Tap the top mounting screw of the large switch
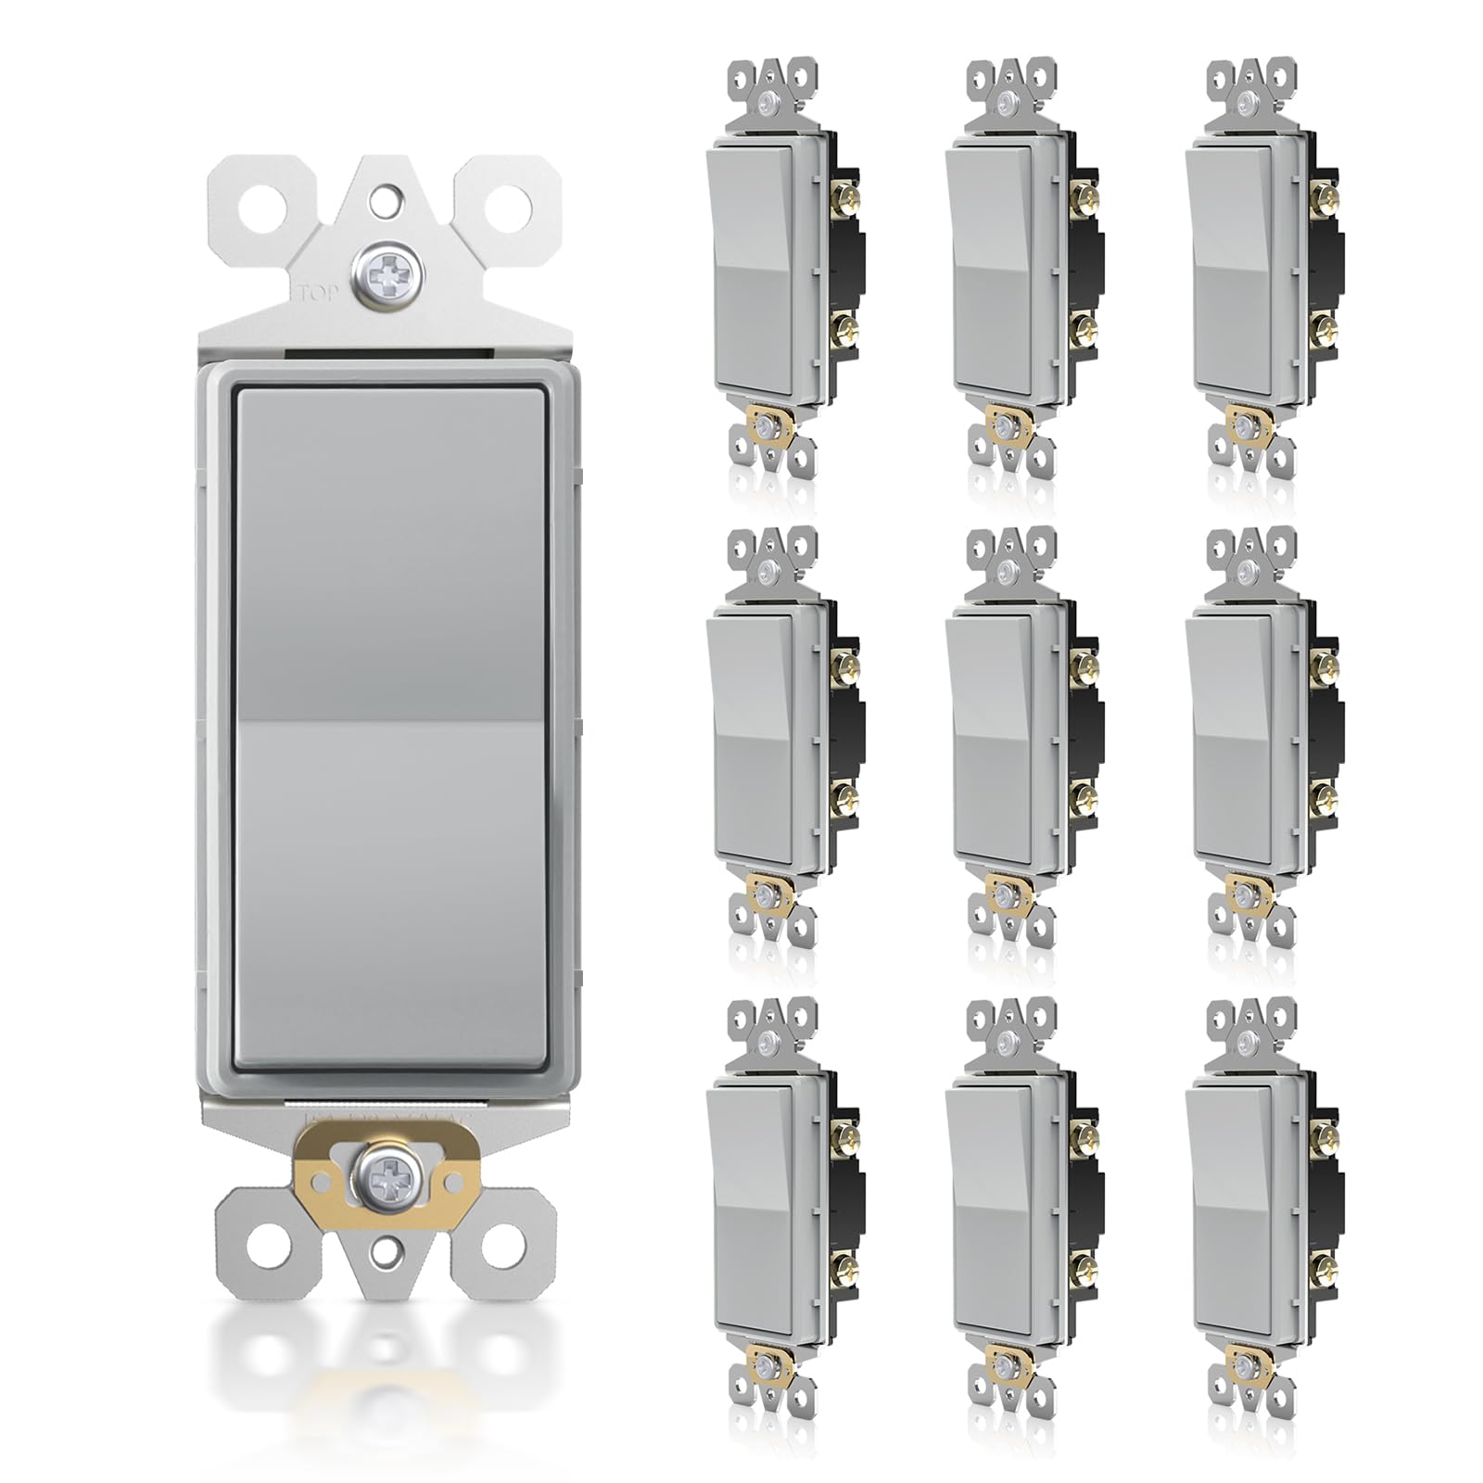[383, 272]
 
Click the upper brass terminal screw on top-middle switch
[1082, 196]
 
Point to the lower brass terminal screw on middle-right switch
[1320, 794]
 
